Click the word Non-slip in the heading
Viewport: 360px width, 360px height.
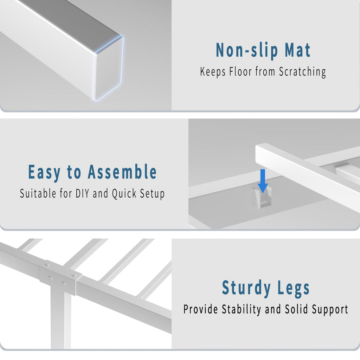tap(247, 50)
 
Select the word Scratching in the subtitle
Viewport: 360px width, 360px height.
tap(302, 72)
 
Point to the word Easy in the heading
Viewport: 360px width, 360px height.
tap(44, 172)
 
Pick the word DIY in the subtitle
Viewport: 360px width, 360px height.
tap(82, 193)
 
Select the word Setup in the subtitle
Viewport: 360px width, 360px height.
tap(152, 194)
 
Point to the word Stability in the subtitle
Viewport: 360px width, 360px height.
tap(241, 309)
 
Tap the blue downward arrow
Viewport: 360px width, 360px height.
tap(263, 181)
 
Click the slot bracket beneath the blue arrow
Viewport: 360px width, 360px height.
tap(262, 198)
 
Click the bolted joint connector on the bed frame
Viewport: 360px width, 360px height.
tap(60, 278)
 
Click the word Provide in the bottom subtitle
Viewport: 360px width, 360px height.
tap(201, 309)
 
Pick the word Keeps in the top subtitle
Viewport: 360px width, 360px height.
tap(213, 72)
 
